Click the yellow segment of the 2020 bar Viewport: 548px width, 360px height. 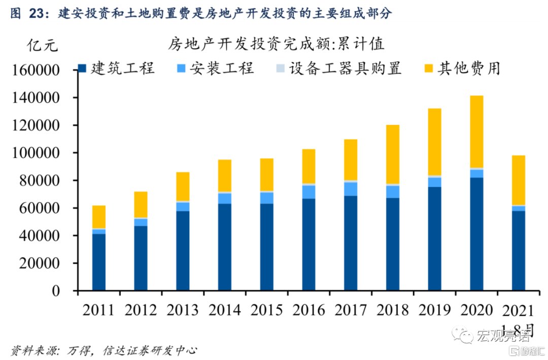[x=476, y=132]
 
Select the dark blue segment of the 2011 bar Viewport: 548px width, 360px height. [x=99, y=262]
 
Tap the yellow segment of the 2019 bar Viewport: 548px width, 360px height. [x=434, y=142]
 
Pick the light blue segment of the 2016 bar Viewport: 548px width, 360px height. [x=309, y=191]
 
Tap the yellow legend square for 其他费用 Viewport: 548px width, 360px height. [x=429, y=68]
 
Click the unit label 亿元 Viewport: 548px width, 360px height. [x=43, y=45]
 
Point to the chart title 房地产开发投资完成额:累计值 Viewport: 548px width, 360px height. [x=277, y=44]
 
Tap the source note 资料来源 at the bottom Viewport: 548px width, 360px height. [x=30, y=350]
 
